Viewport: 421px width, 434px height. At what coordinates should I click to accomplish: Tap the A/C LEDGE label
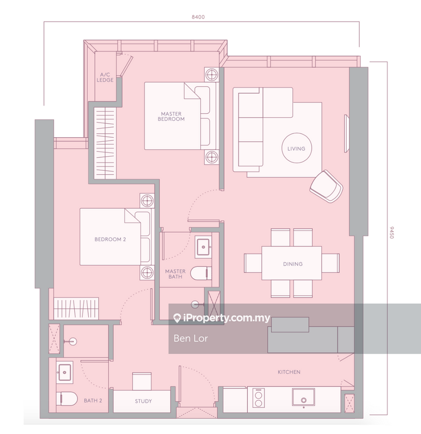point(105,78)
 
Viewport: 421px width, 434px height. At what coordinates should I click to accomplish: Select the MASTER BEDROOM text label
point(171,116)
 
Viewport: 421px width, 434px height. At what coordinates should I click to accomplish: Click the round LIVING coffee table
point(296,148)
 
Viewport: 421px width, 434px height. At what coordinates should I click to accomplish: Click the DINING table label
point(293,264)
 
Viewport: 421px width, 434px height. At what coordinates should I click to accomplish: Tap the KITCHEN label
point(289,372)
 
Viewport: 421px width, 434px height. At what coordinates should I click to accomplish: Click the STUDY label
point(143,401)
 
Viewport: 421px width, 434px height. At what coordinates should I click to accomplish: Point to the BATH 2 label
point(93,401)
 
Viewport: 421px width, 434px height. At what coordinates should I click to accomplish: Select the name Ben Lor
point(189,339)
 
